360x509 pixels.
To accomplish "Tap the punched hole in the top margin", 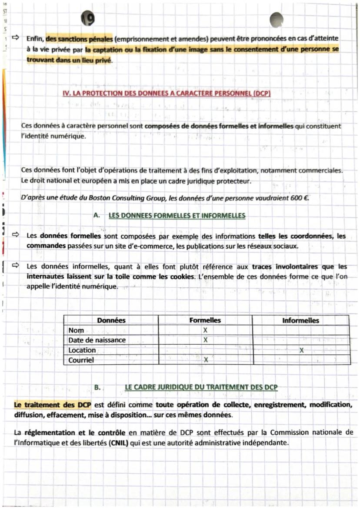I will point(277,19).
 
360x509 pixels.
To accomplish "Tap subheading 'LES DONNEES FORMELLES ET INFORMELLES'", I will point(177,216).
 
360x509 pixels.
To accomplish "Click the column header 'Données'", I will point(111,320).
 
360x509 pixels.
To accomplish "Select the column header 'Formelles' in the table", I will point(205,320).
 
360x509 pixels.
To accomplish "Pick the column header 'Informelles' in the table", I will point(300,321).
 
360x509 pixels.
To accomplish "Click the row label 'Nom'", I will point(76,330).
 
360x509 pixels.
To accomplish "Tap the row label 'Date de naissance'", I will point(97,340).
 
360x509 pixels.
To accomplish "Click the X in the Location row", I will point(301,350).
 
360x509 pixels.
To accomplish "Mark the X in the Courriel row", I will point(206,360).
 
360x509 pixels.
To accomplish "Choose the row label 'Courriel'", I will point(81,360).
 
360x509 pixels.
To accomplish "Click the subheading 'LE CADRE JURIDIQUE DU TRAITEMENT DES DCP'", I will point(201,387).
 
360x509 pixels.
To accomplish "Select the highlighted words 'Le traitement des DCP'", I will point(52,405).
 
